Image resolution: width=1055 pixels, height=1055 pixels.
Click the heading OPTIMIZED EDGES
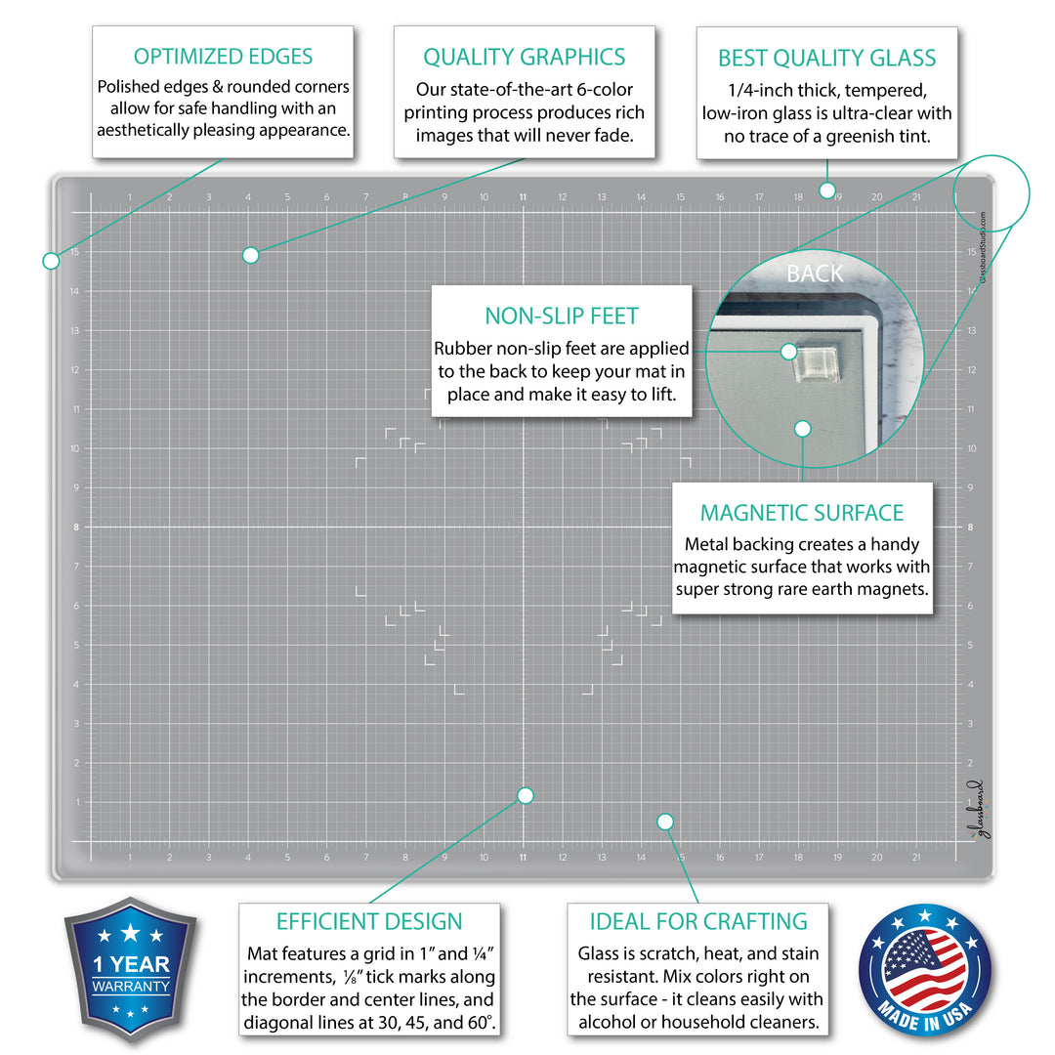click(224, 57)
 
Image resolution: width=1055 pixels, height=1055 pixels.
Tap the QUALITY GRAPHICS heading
click(525, 57)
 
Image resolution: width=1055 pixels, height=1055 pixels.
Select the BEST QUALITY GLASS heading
click(826, 58)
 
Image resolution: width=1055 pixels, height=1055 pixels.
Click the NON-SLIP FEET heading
click(562, 316)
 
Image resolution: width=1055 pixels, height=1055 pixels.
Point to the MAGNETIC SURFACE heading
click(802, 513)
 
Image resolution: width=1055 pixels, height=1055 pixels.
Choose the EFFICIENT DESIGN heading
click(369, 921)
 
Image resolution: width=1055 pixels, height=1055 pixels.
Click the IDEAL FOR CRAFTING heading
click(698, 921)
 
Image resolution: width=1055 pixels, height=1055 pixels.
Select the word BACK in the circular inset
click(815, 274)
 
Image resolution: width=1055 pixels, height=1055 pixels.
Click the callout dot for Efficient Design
click(525, 795)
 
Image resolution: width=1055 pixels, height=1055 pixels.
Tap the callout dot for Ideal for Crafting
click(665, 822)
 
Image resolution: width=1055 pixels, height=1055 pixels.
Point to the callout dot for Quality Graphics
click(250, 255)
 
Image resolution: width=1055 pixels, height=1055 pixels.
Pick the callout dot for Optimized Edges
click(51, 260)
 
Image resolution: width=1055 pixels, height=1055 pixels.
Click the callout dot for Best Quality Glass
click(826, 190)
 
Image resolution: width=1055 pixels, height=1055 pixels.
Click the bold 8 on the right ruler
click(970, 527)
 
